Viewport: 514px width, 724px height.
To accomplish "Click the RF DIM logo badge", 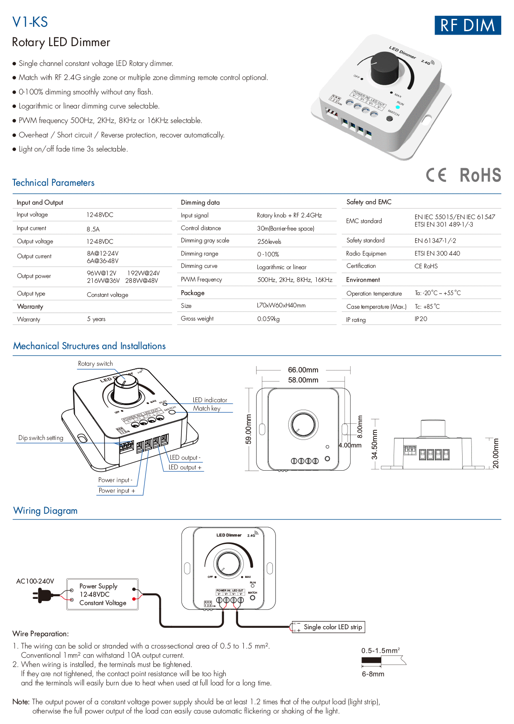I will click(x=467, y=25).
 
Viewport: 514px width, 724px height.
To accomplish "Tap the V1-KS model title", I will click(x=30, y=22).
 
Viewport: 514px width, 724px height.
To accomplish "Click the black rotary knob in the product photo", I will click(x=385, y=68).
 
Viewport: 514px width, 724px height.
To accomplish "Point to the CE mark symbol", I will click(x=436, y=175).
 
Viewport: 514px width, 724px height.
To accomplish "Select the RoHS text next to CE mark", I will click(x=480, y=175).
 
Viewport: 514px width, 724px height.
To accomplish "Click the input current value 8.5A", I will click(x=93, y=229).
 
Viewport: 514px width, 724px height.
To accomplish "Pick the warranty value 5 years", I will click(x=96, y=319).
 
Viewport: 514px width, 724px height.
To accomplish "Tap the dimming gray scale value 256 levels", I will click(x=269, y=241).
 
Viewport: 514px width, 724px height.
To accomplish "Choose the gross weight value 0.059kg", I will click(x=268, y=319).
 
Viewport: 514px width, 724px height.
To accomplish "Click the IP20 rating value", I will click(x=421, y=319).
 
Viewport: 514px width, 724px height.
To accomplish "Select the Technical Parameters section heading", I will click(x=53, y=183).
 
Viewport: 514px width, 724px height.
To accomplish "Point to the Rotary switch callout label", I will click(x=95, y=364).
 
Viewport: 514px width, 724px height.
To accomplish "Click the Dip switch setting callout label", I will click(x=41, y=438).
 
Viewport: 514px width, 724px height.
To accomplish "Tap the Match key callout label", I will click(x=206, y=408).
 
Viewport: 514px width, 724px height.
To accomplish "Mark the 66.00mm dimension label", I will click(x=303, y=370).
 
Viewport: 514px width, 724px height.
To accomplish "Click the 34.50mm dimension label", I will click(x=375, y=444).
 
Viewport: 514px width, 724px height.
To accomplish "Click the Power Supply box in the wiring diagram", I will click(x=102, y=594).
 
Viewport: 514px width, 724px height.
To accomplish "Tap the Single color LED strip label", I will click(x=333, y=627).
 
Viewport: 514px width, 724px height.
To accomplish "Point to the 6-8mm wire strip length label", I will click(x=373, y=674).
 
